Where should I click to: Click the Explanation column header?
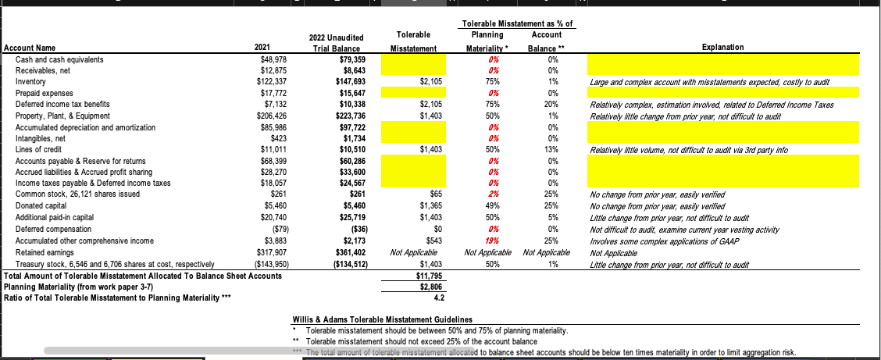722,48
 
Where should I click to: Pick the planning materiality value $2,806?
430,287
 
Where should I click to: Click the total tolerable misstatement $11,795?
429,276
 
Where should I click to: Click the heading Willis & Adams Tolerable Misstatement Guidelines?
382,319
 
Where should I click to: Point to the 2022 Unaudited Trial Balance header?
335,42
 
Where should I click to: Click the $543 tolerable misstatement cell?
434,241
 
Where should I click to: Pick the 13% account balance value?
552,148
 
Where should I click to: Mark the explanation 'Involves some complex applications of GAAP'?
663,241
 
